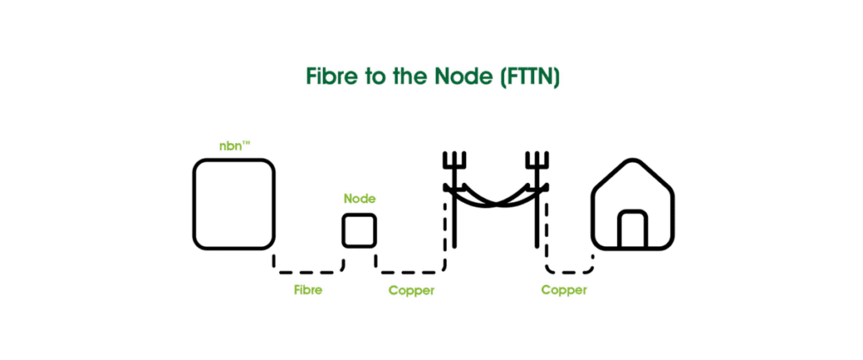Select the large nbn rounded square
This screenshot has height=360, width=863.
[233, 205]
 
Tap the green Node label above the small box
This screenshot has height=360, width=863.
[359, 200]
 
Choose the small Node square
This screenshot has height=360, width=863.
[359, 230]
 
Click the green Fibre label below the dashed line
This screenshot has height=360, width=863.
[308, 290]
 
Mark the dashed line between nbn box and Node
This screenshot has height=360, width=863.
[308, 271]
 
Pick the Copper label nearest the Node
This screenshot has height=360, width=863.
[411, 290]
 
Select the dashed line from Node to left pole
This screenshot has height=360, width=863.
[411, 271]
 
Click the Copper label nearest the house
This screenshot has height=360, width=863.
[564, 290]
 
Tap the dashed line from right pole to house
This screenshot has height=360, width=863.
[570, 271]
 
